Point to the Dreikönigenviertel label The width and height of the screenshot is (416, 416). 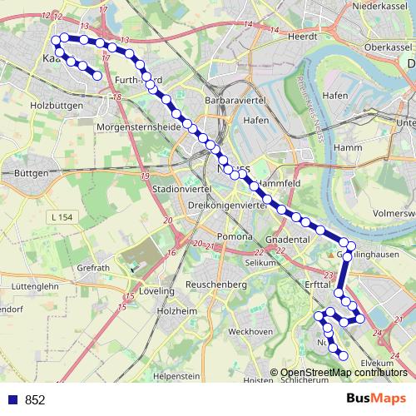pyautogui.click(x=227, y=205)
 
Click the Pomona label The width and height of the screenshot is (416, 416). pyautogui.click(x=235, y=236)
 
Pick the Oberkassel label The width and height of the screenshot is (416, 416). pyautogui.click(x=382, y=47)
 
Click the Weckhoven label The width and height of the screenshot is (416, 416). pyautogui.click(x=250, y=331)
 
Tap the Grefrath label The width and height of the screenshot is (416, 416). pyautogui.click(x=92, y=268)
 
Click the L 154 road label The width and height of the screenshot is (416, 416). pyautogui.click(x=61, y=216)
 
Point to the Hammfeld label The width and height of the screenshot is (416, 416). pyautogui.click(x=279, y=181)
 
